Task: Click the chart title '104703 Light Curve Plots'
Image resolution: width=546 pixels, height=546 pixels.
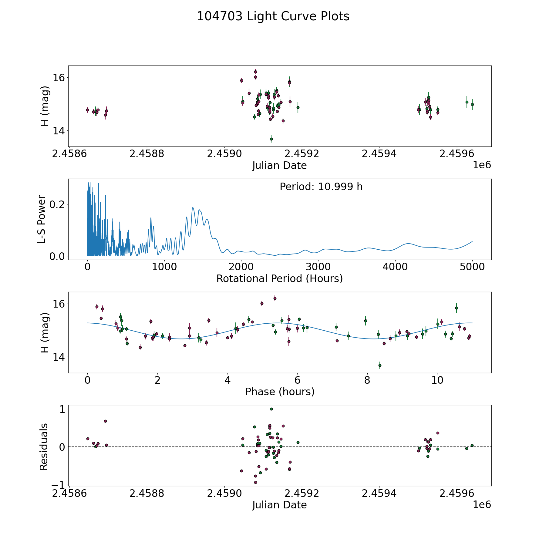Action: pyautogui.click(x=273, y=16)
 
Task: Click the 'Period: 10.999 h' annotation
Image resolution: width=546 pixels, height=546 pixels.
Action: pyautogui.click(x=321, y=187)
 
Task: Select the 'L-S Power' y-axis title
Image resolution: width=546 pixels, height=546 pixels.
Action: pyautogui.click(x=42, y=219)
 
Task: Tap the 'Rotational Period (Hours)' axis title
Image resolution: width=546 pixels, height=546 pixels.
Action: pyautogui.click(x=279, y=278)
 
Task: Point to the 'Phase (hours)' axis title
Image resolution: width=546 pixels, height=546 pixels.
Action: pyautogui.click(x=280, y=392)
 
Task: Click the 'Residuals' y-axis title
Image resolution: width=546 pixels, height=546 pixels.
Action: pyautogui.click(x=44, y=447)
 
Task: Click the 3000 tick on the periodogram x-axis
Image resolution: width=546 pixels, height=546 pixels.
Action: pyautogui.click(x=318, y=267)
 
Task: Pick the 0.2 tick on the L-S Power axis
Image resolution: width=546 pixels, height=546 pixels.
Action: pyautogui.click(x=57, y=204)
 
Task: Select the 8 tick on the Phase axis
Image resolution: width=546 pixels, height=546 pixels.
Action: pyautogui.click(x=367, y=380)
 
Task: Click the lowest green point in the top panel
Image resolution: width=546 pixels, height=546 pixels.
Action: pyautogui.click(x=271, y=139)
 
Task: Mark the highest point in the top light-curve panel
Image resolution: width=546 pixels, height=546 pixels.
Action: pyautogui.click(x=255, y=72)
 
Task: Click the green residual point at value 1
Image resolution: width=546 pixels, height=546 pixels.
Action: pyautogui.click(x=271, y=409)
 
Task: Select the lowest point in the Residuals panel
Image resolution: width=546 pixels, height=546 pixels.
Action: pyautogui.click(x=255, y=482)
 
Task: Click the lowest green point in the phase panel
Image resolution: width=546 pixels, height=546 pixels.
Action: pyautogui.click(x=380, y=365)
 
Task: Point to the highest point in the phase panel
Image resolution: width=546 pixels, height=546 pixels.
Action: pyautogui.click(x=275, y=298)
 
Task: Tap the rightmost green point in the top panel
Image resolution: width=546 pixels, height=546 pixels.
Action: pyautogui.click(x=472, y=104)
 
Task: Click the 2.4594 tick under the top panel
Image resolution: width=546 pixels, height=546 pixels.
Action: pyautogui.click(x=379, y=154)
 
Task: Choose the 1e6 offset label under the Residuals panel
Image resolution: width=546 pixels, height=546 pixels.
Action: pyautogui.click(x=482, y=504)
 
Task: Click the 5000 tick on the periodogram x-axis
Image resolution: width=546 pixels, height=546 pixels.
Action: pyautogui.click(x=472, y=267)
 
